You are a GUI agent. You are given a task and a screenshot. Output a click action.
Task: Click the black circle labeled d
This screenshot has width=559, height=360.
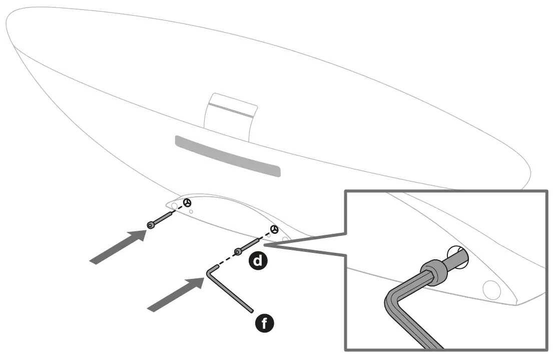pos(258,260)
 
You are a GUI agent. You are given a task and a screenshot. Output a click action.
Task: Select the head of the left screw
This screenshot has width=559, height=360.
pos(151,225)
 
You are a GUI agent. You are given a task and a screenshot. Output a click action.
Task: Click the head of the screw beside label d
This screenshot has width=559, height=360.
pos(237,250)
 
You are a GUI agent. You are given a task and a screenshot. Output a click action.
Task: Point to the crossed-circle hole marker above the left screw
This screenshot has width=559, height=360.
pos(187,203)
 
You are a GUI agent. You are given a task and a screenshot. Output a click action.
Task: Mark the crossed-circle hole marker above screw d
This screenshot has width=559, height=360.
pos(274,229)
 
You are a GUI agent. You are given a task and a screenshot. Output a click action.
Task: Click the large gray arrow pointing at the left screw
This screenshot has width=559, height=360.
pos(117,245)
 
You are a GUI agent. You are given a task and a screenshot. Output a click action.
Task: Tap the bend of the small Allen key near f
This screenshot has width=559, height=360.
pos(210,272)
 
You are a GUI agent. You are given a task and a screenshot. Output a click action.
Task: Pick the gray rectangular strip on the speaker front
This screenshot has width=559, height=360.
pos(227,155)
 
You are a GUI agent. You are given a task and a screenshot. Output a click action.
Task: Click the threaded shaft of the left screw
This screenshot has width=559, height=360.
pos(163,218)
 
